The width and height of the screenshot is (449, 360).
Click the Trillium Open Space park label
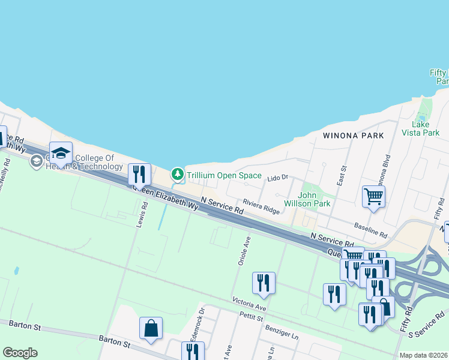coord(224,176)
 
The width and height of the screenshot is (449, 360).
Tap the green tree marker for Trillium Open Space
coord(177,174)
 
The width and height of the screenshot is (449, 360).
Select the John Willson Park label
coord(315,199)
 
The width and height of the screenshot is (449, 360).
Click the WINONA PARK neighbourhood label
coord(353,136)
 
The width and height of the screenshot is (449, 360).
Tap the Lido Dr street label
coord(278,178)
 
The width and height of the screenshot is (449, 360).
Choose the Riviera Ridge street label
coord(261,206)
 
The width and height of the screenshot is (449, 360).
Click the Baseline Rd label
coord(370,230)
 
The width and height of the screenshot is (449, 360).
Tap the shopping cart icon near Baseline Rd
coord(373,196)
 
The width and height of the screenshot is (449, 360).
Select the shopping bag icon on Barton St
coord(151,328)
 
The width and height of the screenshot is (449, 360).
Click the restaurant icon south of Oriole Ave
coord(264,283)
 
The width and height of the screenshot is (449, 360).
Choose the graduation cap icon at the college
coord(61,153)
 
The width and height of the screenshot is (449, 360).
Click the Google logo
coord(20,353)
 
